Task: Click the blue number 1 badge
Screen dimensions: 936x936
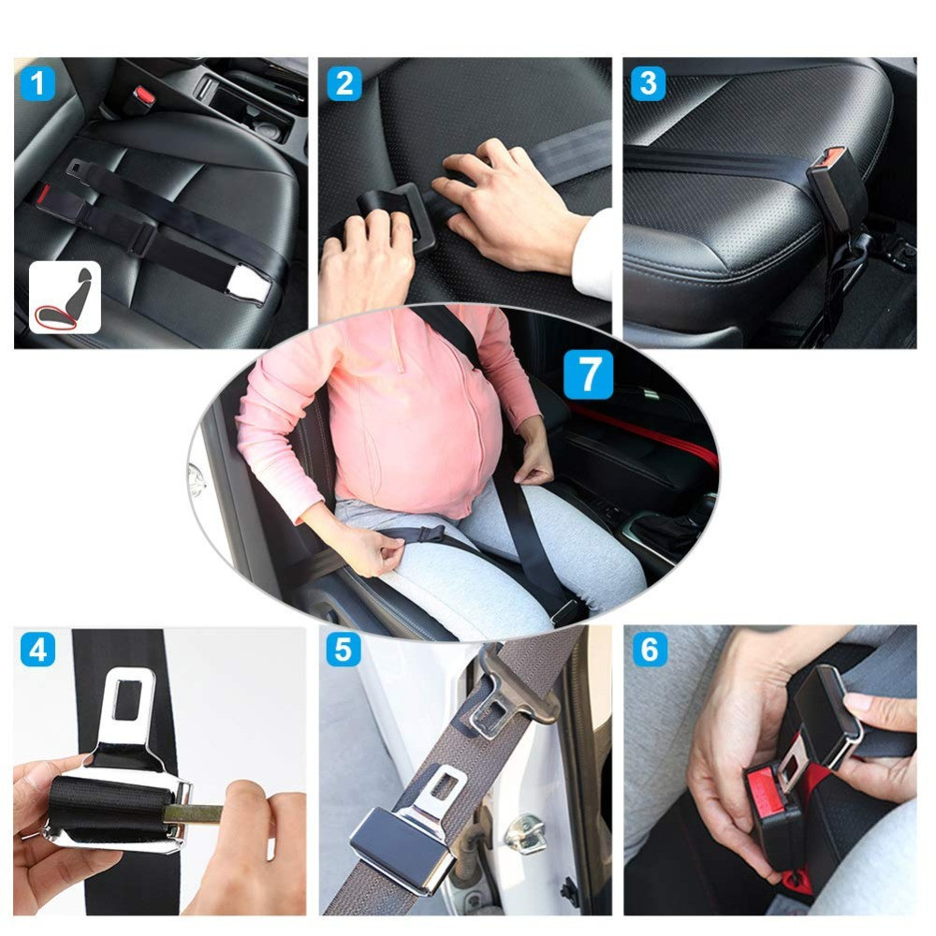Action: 38,83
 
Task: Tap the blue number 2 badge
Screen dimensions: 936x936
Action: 344,83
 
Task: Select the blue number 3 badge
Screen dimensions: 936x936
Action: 649,83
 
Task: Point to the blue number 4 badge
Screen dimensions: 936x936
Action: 38,651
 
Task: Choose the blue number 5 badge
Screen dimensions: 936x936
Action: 344,650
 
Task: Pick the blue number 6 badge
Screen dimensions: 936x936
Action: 650,650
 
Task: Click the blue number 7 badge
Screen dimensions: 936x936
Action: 589,374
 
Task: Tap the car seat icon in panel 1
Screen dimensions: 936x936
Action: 66,298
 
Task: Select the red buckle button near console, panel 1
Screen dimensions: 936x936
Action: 144,95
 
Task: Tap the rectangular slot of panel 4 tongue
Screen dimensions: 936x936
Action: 127,700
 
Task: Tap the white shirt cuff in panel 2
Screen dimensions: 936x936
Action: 592,256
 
